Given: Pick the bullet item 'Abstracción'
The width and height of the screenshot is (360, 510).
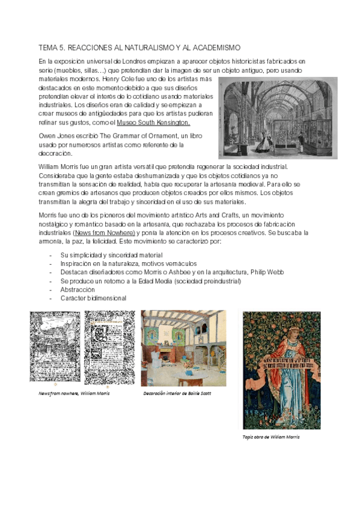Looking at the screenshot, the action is click(x=78, y=289).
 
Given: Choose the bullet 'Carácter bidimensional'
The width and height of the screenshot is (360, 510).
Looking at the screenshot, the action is click(x=93, y=298).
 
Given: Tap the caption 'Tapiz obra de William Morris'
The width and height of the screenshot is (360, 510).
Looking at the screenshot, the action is click(x=271, y=437).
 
